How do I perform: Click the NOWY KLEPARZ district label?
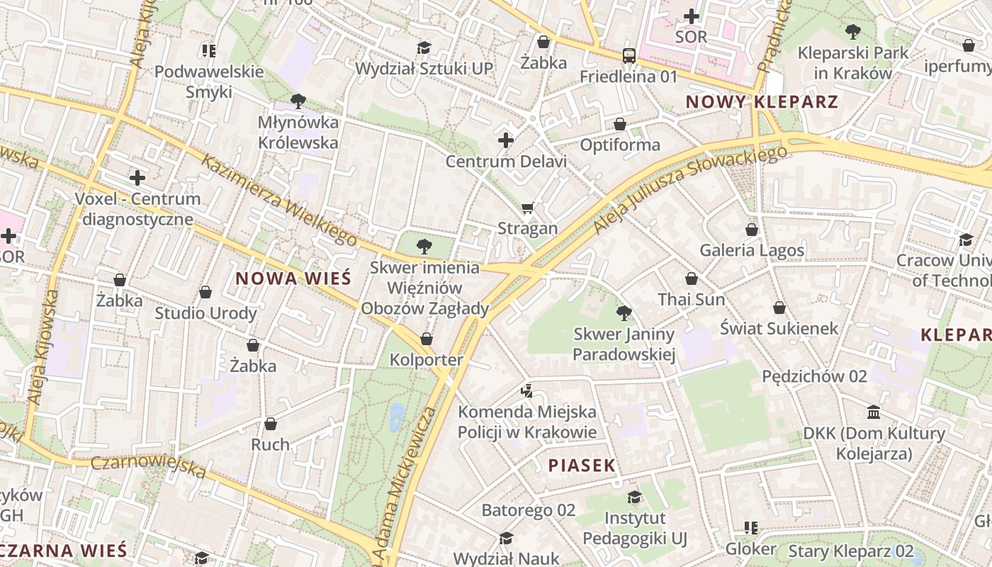[x=762, y=102]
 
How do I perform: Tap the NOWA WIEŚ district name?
[x=293, y=279]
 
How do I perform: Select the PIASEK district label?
[x=582, y=465]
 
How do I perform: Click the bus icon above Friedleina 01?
[x=629, y=55]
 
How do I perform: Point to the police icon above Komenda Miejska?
[x=526, y=390]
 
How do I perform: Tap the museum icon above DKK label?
[x=874, y=412]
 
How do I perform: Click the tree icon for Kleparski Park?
[x=852, y=31]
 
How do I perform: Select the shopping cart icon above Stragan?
[x=527, y=208]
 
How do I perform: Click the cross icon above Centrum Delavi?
[x=505, y=140]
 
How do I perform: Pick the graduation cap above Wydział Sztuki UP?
[x=424, y=47]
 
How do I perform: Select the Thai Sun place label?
[x=692, y=299]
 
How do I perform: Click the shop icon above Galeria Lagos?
[x=752, y=230]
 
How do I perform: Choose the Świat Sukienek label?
[x=779, y=328]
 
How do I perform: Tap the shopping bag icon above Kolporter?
[x=427, y=339]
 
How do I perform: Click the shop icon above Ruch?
[x=271, y=424]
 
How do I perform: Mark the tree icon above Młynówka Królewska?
[x=298, y=101]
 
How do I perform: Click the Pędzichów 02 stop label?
[x=814, y=376]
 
